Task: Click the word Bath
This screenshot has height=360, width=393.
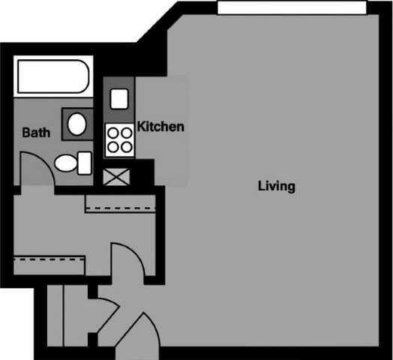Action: point(36,133)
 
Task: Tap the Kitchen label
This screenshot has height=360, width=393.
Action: point(160,127)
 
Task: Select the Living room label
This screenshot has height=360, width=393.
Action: point(276,186)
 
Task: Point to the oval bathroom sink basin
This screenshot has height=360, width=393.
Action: point(76,124)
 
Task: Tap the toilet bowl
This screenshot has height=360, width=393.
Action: point(65,163)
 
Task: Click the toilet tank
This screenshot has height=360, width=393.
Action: point(84,163)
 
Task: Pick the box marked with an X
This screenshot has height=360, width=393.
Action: point(117,177)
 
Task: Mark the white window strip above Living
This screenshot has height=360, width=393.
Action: point(292,7)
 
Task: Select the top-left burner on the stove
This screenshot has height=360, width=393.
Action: point(112,133)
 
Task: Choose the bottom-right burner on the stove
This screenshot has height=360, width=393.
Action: point(125,146)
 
